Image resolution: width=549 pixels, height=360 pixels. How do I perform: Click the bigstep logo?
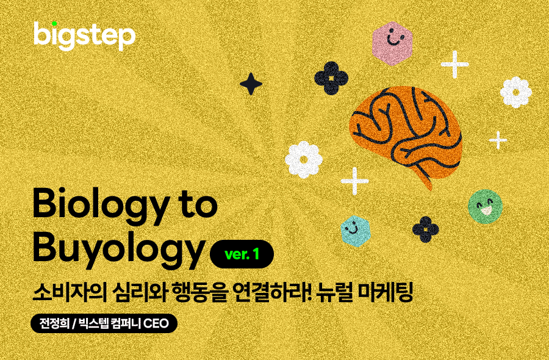[84, 36]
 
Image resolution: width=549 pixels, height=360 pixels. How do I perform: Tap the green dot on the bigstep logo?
[54, 23]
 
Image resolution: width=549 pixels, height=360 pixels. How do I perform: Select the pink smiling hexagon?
[392, 43]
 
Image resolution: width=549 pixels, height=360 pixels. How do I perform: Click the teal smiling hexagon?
[356, 231]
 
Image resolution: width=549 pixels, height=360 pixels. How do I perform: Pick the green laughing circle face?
[486, 206]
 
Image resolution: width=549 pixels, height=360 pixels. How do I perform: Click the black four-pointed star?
[251, 84]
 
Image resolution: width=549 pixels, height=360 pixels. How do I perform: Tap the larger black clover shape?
[331, 78]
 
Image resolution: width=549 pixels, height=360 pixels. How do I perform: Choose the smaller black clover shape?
[425, 229]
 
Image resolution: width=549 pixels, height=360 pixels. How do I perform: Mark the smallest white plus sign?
[498, 140]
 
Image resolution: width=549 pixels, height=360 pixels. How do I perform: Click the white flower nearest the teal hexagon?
[304, 160]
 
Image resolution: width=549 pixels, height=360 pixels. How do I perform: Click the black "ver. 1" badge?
[242, 254]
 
